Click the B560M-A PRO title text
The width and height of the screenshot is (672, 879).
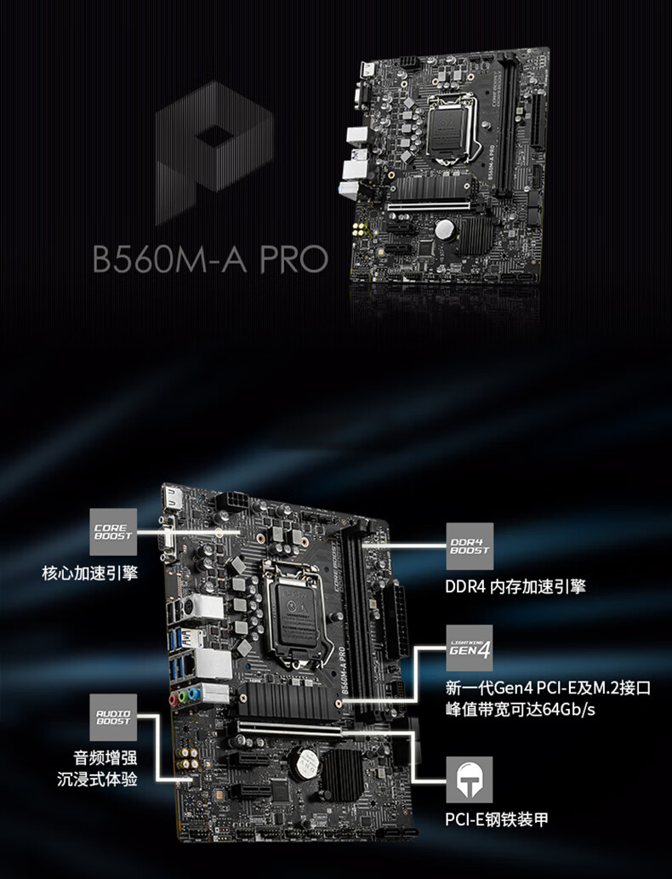point(210,258)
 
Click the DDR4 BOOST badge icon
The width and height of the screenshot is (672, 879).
point(469,545)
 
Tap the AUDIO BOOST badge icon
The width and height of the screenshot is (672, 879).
point(114,716)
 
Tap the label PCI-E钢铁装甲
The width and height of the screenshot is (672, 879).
point(497,819)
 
